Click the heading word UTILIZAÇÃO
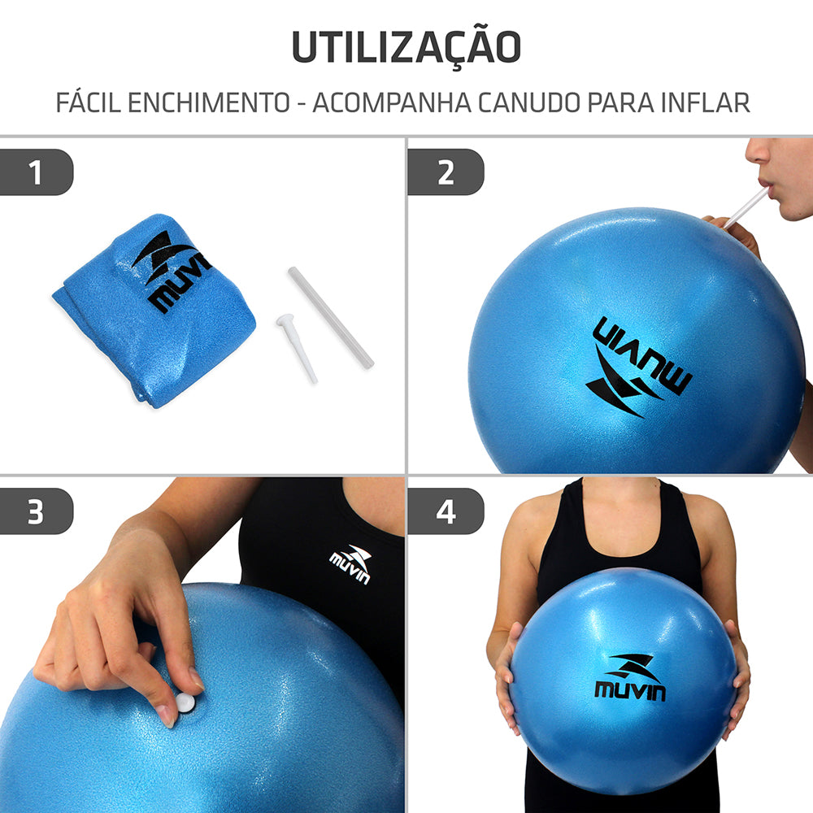[x=406, y=47]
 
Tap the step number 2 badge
[x=446, y=173]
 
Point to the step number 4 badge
[x=446, y=511]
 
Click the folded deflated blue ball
[x=154, y=309]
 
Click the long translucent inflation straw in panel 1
[x=330, y=317]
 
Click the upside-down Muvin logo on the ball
[x=638, y=366]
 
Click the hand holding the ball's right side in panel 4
[x=738, y=675]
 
